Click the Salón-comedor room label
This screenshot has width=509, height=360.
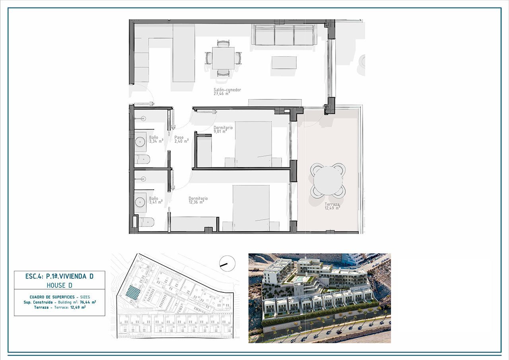[x=227, y=90]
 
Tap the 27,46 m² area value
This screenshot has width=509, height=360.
[x=221, y=94]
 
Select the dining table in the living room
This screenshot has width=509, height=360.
[x=223, y=58]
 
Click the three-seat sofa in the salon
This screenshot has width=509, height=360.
[x=284, y=35]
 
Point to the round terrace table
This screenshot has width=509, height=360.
[x=328, y=181]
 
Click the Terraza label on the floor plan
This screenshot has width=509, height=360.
[x=332, y=204]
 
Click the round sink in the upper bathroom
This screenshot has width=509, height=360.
[x=140, y=141]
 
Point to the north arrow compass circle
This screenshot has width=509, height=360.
[x=227, y=263]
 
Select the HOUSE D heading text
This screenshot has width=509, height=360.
[x=59, y=285]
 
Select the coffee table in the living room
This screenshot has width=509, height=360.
[x=284, y=62]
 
